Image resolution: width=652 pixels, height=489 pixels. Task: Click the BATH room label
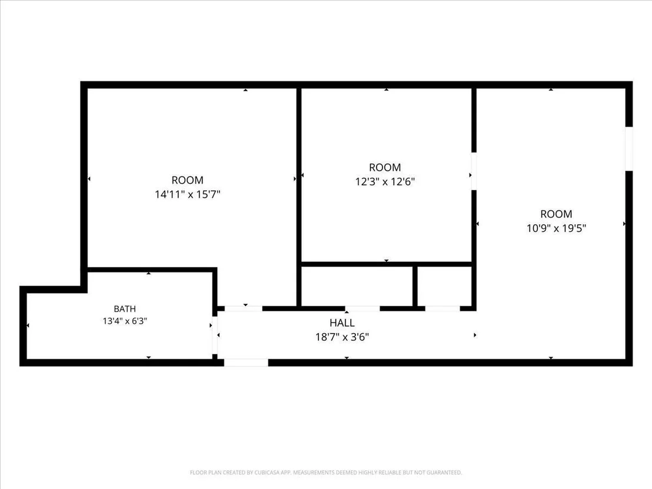(x=125, y=308)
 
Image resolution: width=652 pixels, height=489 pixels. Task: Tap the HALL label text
(x=342, y=322)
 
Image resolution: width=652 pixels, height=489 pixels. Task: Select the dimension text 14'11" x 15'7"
(x=188, y=194)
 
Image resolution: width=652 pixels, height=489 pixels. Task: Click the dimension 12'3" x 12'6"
(x=385, y=181)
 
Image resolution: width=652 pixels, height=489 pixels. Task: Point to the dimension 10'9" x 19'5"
(x=556, y=228)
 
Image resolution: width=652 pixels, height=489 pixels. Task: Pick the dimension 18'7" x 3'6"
(x=342, y=337)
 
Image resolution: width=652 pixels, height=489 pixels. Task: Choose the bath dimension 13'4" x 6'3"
(x=125, y=321)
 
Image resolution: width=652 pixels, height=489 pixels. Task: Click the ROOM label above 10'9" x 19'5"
(x=556, y=214)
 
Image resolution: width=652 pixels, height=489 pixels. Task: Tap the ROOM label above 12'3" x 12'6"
(x=385, y=168)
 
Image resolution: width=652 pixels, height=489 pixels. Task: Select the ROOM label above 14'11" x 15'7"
(x=188, y=180)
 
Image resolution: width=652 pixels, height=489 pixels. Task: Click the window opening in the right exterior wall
(x=629, y=148)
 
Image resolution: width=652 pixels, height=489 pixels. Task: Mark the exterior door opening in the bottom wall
(x=246, y=362)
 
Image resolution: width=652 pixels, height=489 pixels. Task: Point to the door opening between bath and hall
(x=215, y=335)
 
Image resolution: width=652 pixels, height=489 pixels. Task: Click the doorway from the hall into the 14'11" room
(x=243, y=308)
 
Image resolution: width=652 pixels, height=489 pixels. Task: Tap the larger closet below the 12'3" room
(x=357, y=287)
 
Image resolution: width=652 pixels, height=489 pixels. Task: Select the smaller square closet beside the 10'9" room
(x=444, y=287)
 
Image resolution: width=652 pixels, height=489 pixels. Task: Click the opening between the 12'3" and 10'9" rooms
(x=474, y=171)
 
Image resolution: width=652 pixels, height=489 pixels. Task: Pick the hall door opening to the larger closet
(x=362, y=308)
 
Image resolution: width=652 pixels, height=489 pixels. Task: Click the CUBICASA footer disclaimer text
(x=326, y=473)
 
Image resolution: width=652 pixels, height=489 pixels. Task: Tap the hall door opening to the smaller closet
(x=443, y=308)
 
